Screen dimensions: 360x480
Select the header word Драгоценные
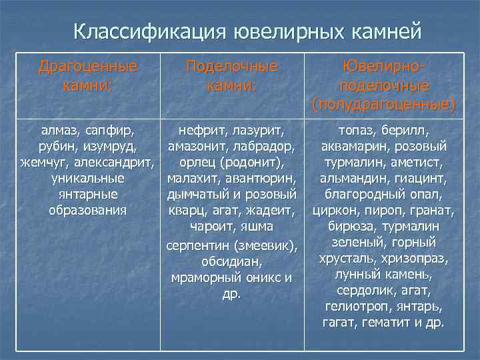pos(88,66)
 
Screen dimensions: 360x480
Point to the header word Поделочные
pos(232,66)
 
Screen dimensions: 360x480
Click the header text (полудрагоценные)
pos(384,104)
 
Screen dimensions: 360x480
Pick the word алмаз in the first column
pos(58,129)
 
